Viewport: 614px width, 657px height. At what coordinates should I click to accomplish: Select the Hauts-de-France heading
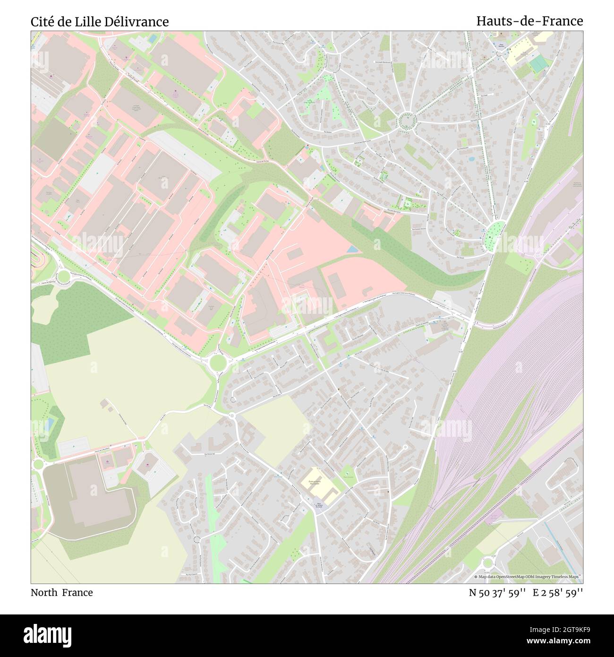[x=529, y=21]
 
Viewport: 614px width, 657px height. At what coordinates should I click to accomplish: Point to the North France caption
[x=62, y=592]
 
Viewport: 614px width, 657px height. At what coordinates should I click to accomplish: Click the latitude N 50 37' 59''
[x=498, y=592]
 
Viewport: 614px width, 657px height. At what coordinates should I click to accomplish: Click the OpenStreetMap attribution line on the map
[x=528, y=577]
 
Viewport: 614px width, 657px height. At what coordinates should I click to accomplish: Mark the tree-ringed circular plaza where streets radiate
[x=406, y=121]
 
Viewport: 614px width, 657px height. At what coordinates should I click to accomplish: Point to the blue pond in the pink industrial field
[x=352, y=249]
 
